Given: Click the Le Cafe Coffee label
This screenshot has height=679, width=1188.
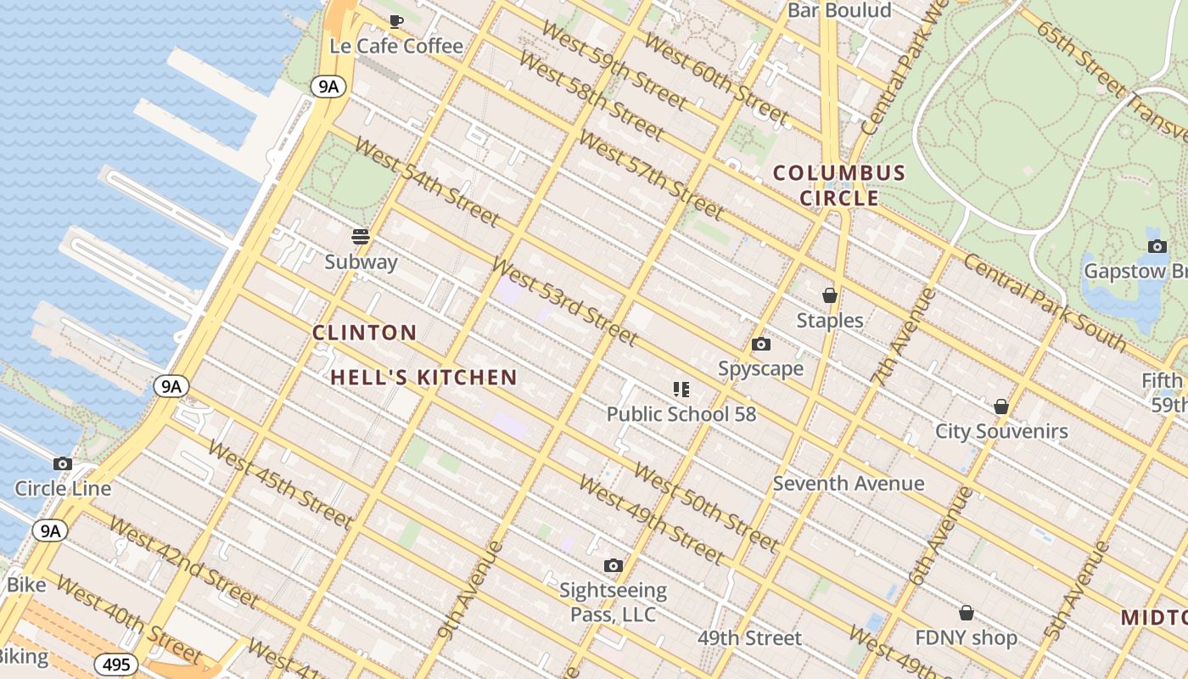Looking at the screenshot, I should (x=396, y=46).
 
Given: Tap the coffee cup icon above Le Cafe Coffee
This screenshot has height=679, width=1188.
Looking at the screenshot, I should (x=395, y=21).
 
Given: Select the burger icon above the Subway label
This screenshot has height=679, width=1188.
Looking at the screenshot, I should (x=361, y=236).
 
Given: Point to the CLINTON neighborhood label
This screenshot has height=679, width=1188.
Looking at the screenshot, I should (x=365, y=333).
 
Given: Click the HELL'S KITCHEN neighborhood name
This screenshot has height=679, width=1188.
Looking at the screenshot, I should (x=423, y=378).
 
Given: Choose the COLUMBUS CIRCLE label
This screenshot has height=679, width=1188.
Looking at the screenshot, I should (x=838, y=186).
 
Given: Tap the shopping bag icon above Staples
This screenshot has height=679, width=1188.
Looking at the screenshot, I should (x=830, y=295).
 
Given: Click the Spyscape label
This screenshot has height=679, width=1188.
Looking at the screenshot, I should (x=760, y=368).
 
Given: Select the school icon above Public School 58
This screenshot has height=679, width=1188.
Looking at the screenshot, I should (x=681, y=390).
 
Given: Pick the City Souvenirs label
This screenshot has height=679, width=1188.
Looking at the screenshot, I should (x=1001, y=431).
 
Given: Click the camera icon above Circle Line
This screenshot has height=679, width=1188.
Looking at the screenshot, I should (x=63, y=463).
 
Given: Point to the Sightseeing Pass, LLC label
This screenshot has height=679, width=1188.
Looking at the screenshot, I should (x=613, y=602).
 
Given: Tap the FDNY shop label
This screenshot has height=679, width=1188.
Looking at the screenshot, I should (x=966, y=637).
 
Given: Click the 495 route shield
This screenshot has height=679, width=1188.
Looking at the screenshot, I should (x=115, y=665).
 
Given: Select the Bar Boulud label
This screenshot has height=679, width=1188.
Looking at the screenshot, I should (x=839, y=10).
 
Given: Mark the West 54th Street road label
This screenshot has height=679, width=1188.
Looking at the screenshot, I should (x=426, y=181).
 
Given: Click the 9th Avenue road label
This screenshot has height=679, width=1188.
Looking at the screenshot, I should (x=471, y=588).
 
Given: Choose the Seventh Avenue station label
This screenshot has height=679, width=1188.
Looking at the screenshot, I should (x=849, y=483).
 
